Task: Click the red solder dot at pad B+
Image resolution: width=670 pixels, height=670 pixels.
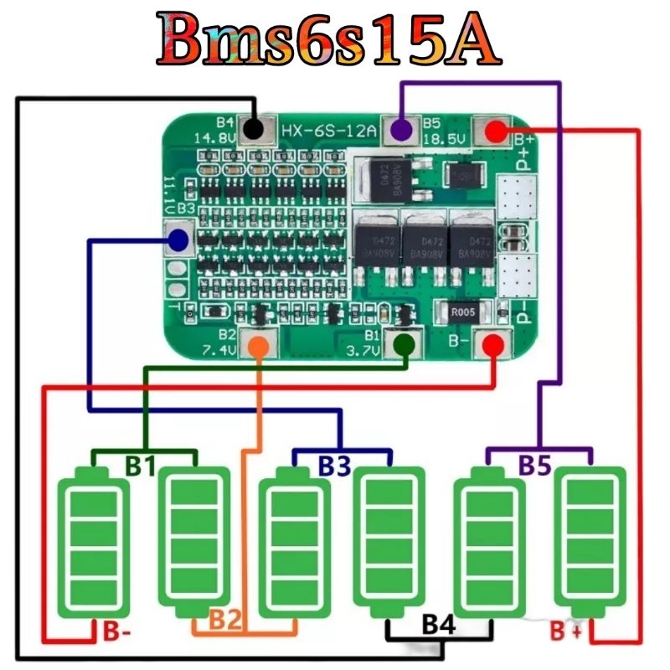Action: tap(495, 130)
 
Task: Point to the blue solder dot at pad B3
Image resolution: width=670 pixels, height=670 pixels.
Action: tap(178, 241)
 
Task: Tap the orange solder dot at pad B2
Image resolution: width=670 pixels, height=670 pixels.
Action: tap(260, 344)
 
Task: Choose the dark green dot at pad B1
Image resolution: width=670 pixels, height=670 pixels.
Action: tap(405, 344)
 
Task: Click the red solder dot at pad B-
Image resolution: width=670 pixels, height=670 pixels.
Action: tap(494, 343)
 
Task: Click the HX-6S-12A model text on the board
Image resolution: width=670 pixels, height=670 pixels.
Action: tap(329, 131)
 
